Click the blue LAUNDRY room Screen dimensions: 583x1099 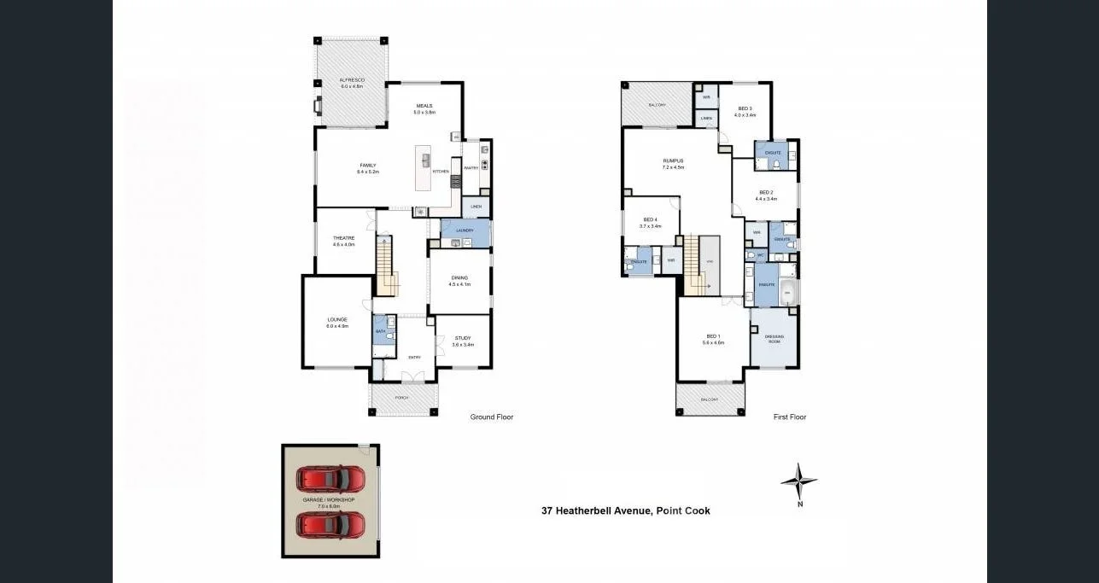click(x=465, y=231)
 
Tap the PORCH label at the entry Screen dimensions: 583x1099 click(x=401, y=398)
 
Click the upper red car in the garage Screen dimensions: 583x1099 click(x=330, y=477)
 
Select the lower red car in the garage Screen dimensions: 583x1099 click(x=330, y=524)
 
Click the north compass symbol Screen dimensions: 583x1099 click(x=798, y=483)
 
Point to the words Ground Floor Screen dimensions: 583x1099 click(x=492, y=417)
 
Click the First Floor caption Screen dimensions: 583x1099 click(x=789, y=417)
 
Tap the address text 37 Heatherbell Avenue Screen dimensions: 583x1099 click(x=625, y=511)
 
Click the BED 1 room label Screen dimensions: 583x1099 click(x=713, y=339)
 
